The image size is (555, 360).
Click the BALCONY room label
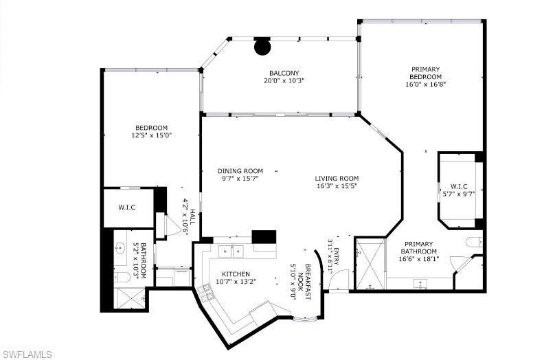point(284,74)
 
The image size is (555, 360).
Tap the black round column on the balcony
point(262,47)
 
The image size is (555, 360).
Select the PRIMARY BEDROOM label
point(425,73)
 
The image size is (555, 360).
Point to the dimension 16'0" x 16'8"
point(425,85)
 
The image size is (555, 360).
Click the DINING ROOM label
point(240,171)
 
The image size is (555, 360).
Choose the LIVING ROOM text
point(337,179)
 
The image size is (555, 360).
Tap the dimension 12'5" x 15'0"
point(152,135)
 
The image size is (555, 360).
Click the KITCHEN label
point(236,274)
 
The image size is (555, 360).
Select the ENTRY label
point(337,256)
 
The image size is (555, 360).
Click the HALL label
point(192,216)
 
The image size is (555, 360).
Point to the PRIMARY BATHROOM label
point(419,247)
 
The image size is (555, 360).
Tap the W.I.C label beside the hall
point(126,207)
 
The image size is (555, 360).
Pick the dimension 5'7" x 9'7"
point(459,194)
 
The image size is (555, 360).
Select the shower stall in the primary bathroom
point(370,264)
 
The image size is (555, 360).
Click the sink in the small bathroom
point(120,248)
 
